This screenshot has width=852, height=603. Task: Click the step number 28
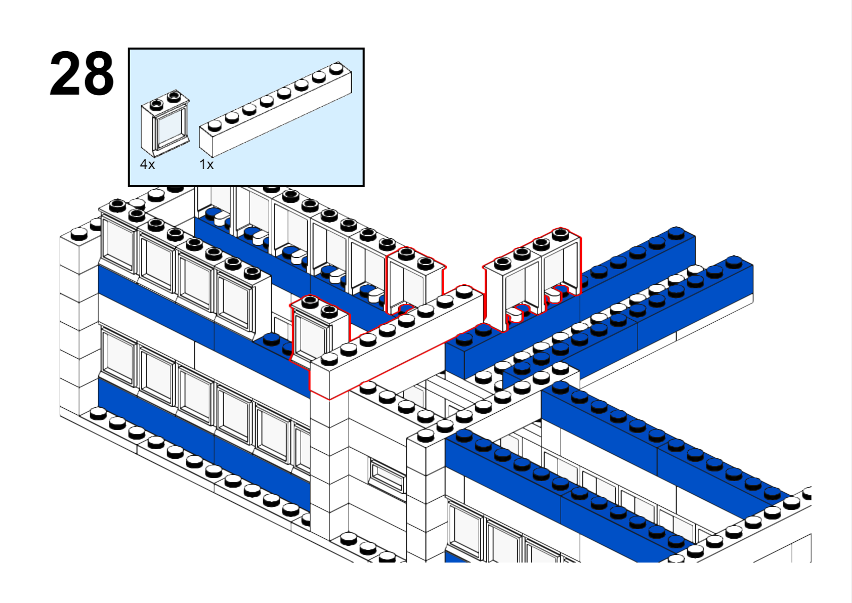coord(82,73)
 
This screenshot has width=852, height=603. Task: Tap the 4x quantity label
coord(148,164)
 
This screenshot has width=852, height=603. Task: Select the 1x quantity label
coord(206,164)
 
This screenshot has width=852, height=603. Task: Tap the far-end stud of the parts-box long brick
coord(336,68)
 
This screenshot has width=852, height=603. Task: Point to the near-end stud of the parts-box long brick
coord(215,125)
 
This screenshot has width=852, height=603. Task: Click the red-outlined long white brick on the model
coord(396,342)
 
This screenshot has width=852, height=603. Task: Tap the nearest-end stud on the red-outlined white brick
coord(329,359)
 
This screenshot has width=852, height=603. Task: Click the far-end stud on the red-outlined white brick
coord(464,291)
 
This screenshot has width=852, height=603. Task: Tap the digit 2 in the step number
coord(65,73)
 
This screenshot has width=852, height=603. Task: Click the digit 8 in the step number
coord(98,73)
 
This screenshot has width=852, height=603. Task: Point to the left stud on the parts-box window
coord(156,104)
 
